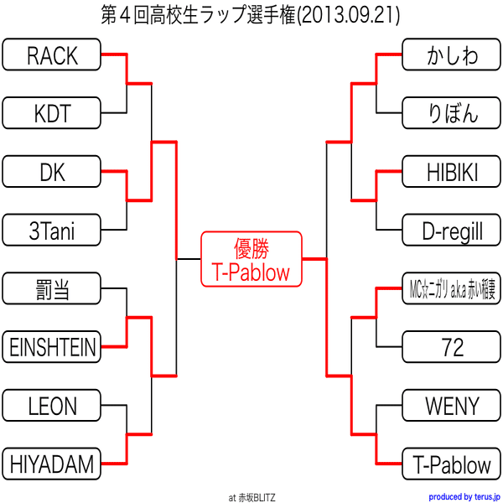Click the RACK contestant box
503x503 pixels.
[52, 55]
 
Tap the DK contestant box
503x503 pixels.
[52, 173]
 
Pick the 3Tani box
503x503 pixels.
[52, 229]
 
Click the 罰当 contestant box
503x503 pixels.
[52, 290]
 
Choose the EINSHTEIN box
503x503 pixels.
[52, 345]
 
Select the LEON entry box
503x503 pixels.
[52, 407]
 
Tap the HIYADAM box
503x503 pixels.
[52, 463]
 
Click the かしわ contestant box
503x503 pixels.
[452, 55]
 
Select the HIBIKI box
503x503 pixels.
[452, 173]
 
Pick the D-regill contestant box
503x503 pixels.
[452, 229]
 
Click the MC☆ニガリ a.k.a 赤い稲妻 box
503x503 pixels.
[452, 290]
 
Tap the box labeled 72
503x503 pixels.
[452, 345]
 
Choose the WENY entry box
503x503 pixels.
[452, 407]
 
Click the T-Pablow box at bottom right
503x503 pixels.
[452, 463]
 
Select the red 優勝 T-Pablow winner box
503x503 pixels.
[251, 259]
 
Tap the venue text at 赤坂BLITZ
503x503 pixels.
[251, 496]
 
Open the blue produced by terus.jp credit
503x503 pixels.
[464, 496]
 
